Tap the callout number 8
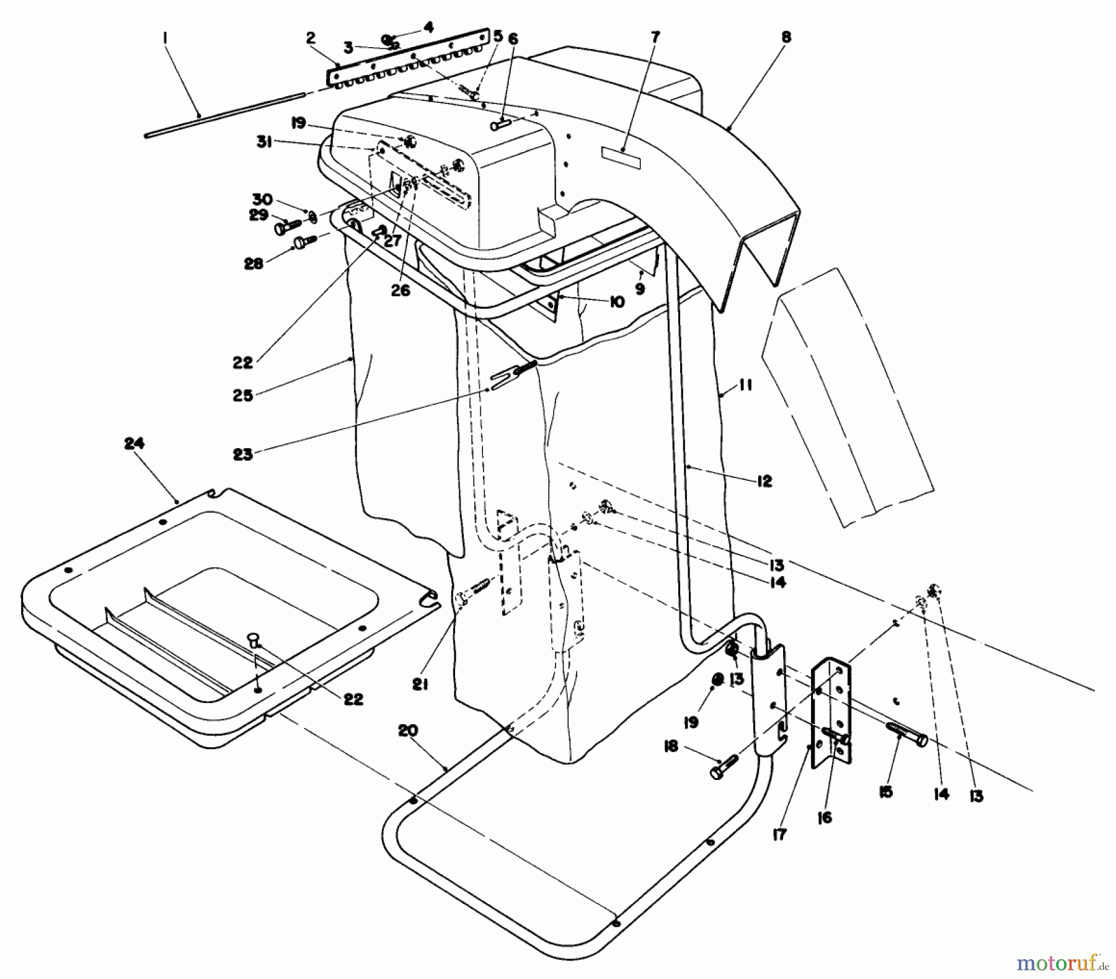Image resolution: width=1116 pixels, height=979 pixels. click(786, 37)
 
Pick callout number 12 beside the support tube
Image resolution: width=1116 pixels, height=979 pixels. click(764, 481)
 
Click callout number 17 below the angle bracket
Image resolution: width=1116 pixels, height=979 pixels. click(779, 835)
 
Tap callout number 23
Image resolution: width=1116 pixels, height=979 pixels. click(243, 454)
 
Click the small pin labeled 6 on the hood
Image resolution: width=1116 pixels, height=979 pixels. click(501, 124)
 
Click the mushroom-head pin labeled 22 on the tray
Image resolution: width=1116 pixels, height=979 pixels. click(254, 639)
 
